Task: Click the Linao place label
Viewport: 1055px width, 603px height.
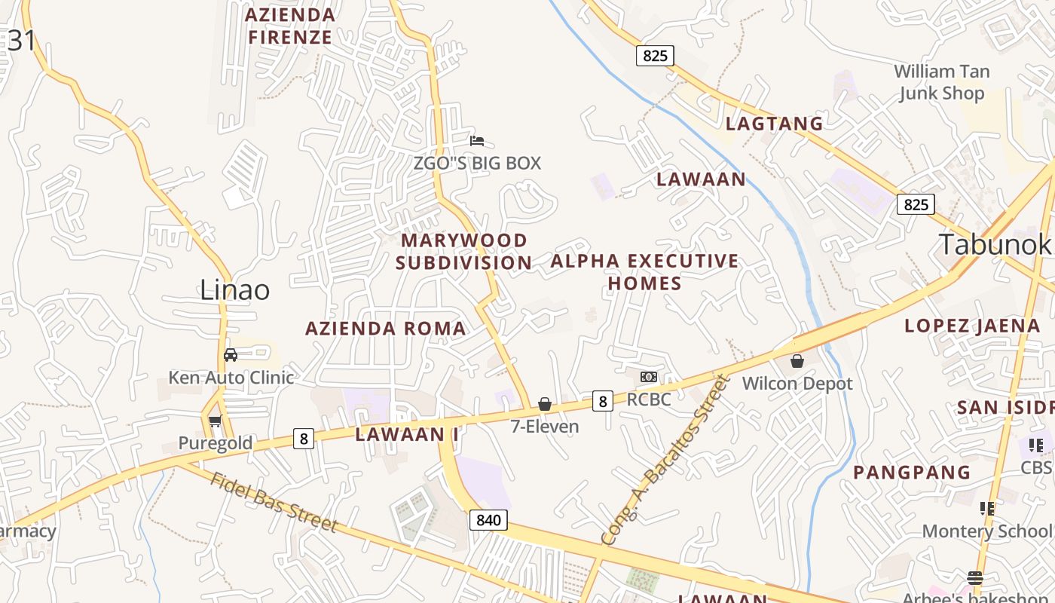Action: click(234, 290)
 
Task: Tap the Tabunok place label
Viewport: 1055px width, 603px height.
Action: click(994, 244)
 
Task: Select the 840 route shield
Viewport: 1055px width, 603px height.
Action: click(488, 519)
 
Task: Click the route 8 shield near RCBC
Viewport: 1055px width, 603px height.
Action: click(601, 401)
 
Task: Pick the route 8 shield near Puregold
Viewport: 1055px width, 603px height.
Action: click(303, 439)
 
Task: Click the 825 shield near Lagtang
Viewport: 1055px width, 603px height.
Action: click(654, 55)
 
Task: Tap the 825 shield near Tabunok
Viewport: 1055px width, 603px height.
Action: click(916, 204)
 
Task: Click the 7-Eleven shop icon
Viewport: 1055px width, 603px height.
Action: click(545, 405)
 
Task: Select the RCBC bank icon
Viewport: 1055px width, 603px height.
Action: click(648, 377)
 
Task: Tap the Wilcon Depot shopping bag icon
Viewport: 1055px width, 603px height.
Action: click(797, 362)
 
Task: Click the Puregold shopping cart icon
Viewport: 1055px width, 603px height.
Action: click(215, 421)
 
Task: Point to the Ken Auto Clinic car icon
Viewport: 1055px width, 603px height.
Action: click(231, 355)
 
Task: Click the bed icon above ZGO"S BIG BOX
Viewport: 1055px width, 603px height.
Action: click(476, 140)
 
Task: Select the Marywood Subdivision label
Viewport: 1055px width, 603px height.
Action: click(464, 252)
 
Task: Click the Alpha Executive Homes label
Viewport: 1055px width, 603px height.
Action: click(644, 272)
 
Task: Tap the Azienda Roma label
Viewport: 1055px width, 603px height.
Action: click(385, 329)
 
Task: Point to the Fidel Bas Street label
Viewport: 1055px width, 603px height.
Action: click(273, 502)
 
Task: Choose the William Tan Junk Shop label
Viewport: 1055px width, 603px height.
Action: click(941, 82)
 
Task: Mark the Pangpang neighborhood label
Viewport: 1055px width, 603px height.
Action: click(911, 473)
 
